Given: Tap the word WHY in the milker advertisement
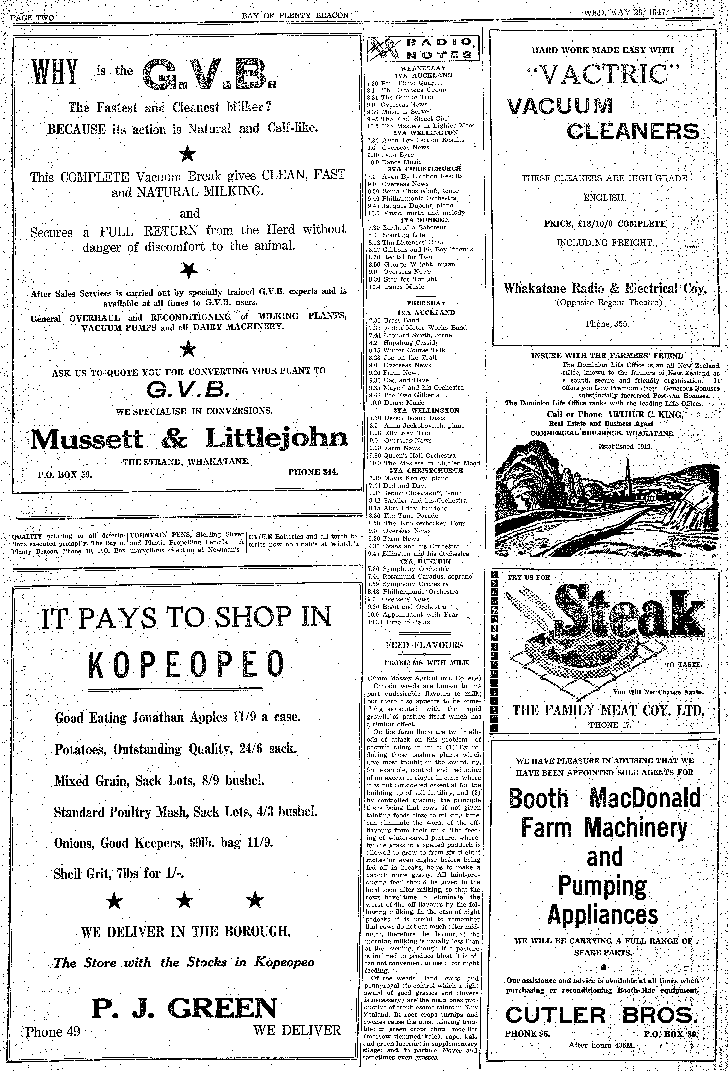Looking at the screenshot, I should pyautogui.click(x=54, y=72).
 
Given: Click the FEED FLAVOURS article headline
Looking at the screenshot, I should pyautogui.click(x=424, y=645).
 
